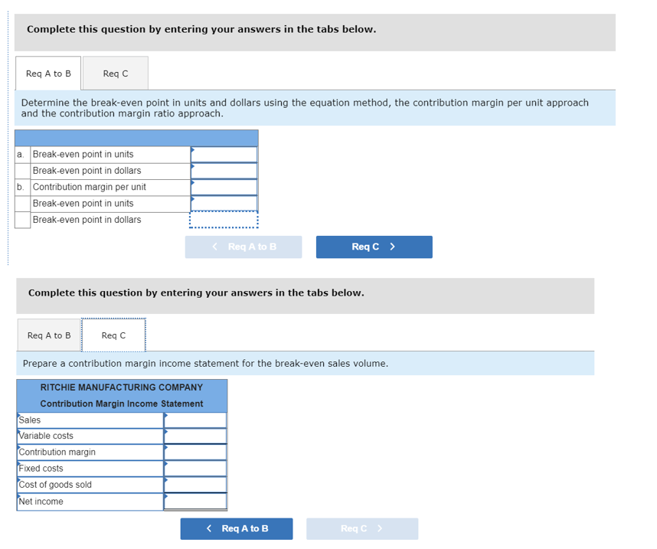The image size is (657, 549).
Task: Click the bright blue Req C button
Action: tap(374, 247)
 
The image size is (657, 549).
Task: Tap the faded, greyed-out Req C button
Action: tap(361, 528)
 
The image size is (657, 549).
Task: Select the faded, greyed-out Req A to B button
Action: tap(243, 247)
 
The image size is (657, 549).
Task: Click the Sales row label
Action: tap(30, 420)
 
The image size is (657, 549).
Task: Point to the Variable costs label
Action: tap(46, 436)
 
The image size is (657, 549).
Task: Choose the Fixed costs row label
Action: tap(41, 468)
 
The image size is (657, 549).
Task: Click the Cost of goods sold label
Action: tap(55, 484)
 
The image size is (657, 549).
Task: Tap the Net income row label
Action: tap(41, 502)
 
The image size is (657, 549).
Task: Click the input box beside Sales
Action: tap(195, 420)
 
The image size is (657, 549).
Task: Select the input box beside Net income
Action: tap(195, 502)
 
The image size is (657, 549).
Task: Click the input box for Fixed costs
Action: tap(195, 468)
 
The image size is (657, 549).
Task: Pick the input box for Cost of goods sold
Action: tap(195, 484)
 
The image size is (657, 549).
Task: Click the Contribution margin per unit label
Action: tap(89, 187)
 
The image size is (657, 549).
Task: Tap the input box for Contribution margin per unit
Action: tap(224, 187)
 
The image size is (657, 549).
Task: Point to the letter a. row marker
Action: tap(21, 154)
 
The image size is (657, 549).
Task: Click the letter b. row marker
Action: tap(21, 187)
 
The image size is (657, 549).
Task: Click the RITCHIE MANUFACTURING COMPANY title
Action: tap(121, 387)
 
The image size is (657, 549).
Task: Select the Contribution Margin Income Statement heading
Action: tap(121, 404)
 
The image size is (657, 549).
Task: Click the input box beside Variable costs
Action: tap(195, 436)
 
